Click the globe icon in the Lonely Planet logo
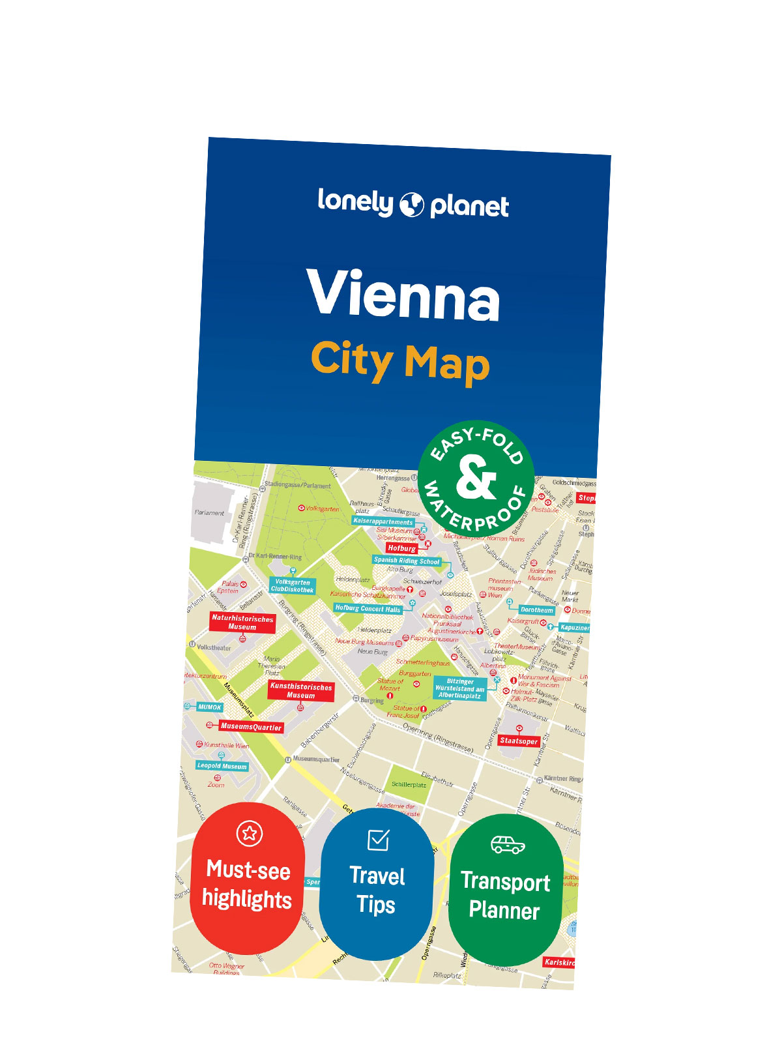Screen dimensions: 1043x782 pyautogui.click(x=411, y=204)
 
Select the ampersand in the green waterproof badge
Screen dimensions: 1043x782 pyautogui.click(x=476, y=478)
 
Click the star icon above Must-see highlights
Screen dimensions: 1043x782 pyautogui.click(x=249, y=833)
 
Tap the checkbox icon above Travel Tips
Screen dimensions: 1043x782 pyautogui.click(x=379, y=840)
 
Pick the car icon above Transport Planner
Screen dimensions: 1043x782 pyautogui.click(x=508, y=845)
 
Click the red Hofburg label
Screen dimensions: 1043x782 pyautogui.click(x=401, y=548)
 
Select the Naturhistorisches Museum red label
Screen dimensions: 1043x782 pyautogui.click(x=242, y=622)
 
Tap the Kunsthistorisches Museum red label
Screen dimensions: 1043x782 pyautogui.click(x=301, y=691)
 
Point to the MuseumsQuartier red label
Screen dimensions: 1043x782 pyautogui.click(x=251, y=726)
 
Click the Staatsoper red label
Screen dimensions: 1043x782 pyautogui.click(x=519, y=741)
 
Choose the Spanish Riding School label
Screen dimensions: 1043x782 pyautogui.click(x=407, y=561)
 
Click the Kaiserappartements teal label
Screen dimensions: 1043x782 pyautogui.click(x=383, y=521)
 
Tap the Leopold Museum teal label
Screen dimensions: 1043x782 pyautogui.click(x=222, y=766)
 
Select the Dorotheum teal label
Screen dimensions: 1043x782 pyautogui.click(x=537, y=610)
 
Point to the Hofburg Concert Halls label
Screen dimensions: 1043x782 pyautogui.click(x=368, y=608)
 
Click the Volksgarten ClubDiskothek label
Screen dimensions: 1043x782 pyautogui.click(x=293, y=585)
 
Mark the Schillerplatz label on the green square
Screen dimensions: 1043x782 pyautogui.click(x=409, y=785)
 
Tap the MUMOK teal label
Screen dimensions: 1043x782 pyautogui.click(x=210, y=707)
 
